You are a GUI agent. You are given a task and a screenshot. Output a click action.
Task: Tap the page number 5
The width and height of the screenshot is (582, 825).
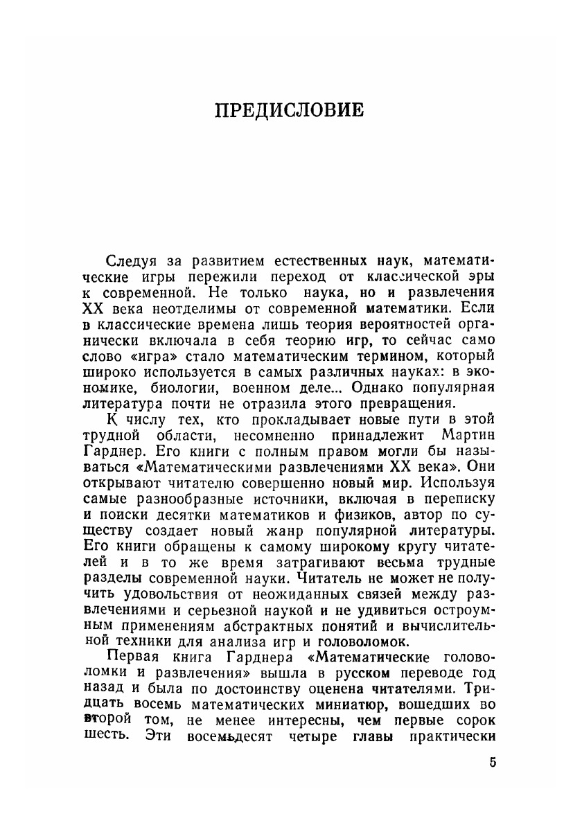tap(492, 763)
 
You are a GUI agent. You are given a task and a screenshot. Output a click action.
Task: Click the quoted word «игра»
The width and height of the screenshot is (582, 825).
tap(160, 355)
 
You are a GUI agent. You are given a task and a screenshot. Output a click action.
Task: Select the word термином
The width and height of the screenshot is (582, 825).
tap(393, 355)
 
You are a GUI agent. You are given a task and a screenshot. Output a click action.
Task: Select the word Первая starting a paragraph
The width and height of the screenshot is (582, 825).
tap(136, 656)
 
